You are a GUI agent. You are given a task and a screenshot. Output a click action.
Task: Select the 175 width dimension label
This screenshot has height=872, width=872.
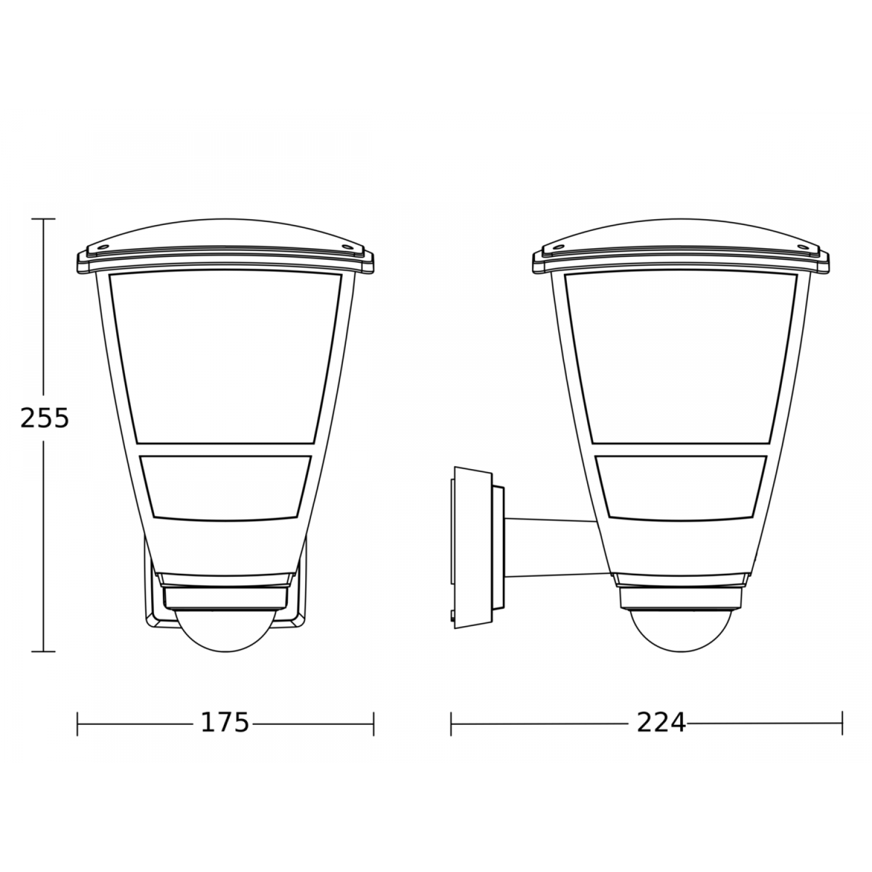click(225, 723)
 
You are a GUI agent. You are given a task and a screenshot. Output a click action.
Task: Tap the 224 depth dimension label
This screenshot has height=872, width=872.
click(662, 723)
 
